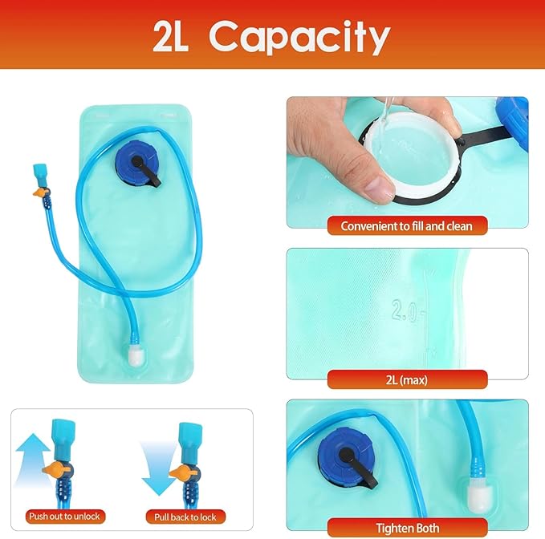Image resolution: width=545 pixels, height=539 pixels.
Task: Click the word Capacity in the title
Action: [x=299, y=37]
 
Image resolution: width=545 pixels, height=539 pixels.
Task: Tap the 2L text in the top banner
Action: [x=170, y=37]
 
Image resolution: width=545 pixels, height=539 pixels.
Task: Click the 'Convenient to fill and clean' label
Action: [x=407, y=226]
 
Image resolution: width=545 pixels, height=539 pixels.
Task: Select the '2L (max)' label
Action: [x=407, y=380]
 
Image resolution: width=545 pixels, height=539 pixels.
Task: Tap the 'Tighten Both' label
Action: [x=408, y=529]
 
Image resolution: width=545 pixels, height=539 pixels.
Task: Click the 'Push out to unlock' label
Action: [x=64, y=517]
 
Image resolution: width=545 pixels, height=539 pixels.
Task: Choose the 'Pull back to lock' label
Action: [x=185, y=517]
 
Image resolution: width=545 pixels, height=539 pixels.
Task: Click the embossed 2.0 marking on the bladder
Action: [x=405, y=310]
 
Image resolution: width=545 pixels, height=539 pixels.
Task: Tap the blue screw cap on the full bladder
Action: [x=136, y=159]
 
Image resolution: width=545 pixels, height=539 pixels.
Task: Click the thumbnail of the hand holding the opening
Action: [x=408, y=162]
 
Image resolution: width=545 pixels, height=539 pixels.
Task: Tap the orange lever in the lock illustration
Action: [x=181, y=472]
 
